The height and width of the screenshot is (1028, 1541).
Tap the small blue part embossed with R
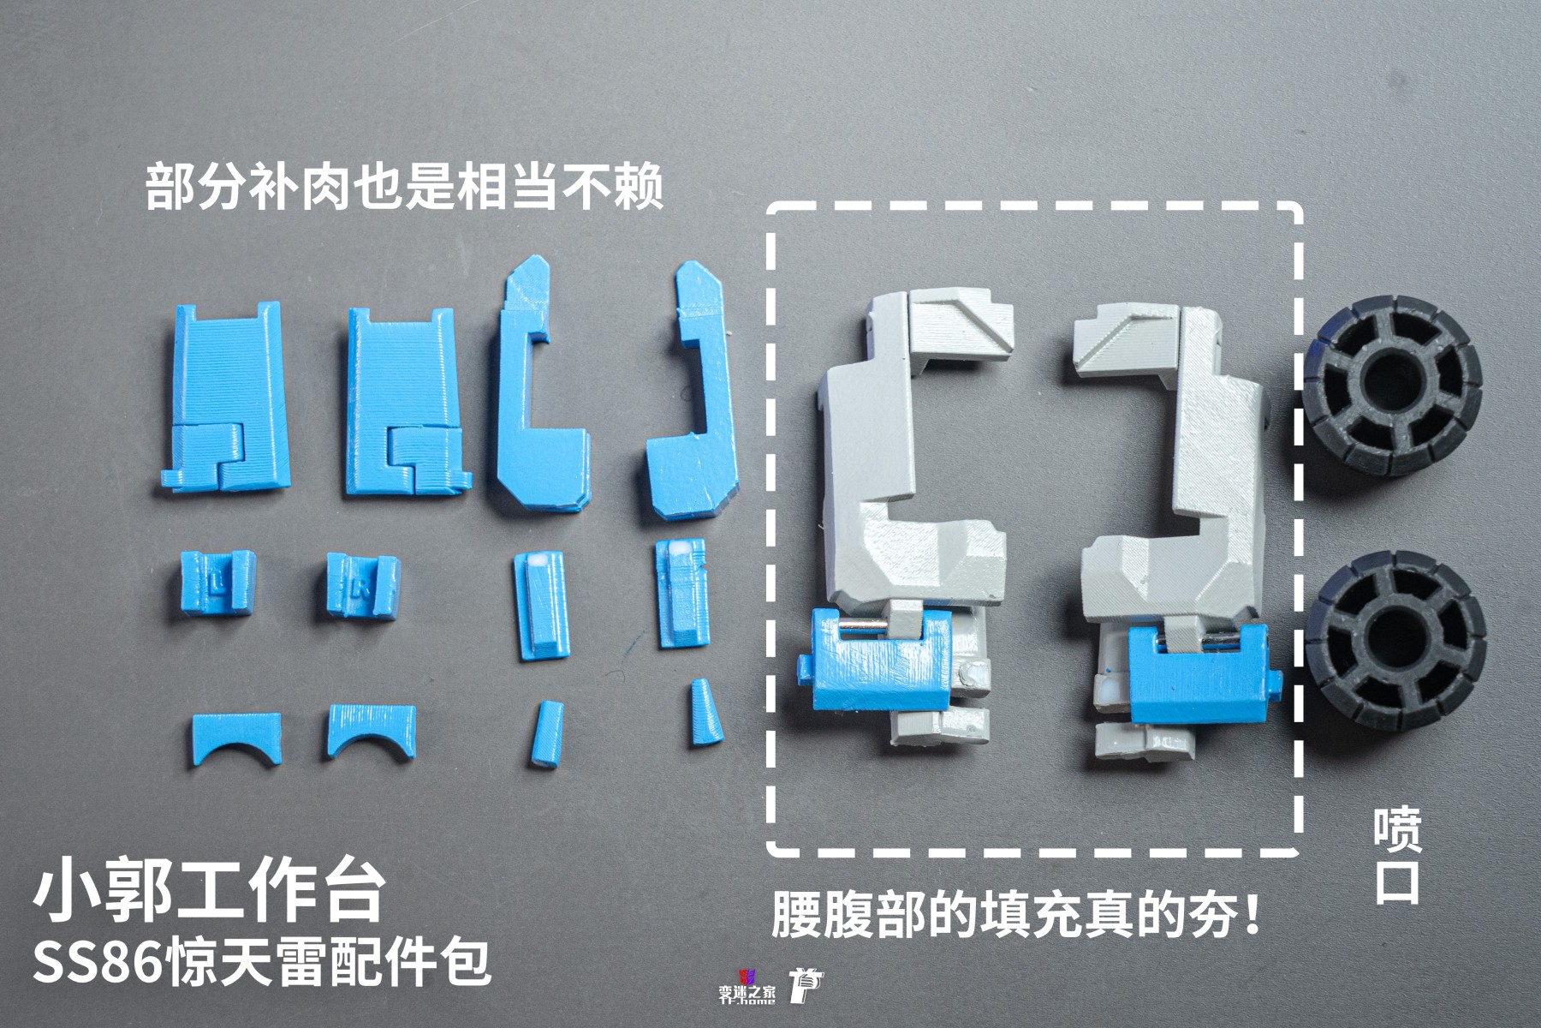click(x=361, y=585)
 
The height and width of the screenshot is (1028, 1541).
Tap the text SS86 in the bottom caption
click(x=97, y=964)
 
